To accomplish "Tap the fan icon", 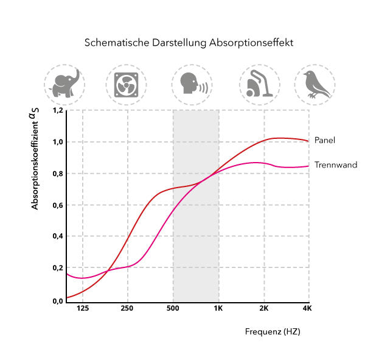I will [x=126, y=85].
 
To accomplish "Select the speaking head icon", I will [x=192, y=85].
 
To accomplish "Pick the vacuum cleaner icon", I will [x=259, y=85].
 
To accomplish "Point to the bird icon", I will [x=316, y=85].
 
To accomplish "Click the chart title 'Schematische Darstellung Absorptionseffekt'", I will [x=189, y=43].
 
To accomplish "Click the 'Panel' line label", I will [x=325, y=140].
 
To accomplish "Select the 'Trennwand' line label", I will [x=336, y=164].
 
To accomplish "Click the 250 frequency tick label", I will [x=127, y=309].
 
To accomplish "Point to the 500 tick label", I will [x=173, y=309].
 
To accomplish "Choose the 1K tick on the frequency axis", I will [x=218, y=309].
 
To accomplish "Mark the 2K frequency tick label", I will [x=263, y=309].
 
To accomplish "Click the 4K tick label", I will [x=307, y=309].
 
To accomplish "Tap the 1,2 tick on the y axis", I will [x=57, y=111].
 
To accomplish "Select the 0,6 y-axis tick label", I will [x=57, y=205].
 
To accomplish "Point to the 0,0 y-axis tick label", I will [x=57, y=300].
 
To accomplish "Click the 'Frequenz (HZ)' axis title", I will [x=273, y=332].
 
